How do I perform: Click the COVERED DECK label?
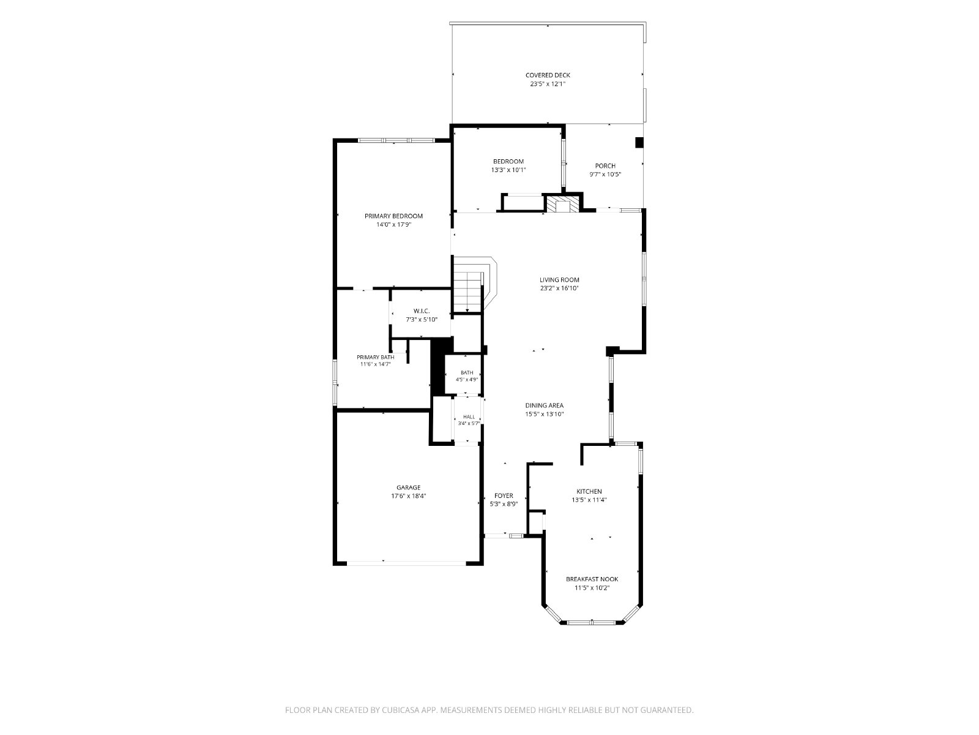(x=547, y=75)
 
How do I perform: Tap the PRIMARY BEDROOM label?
(x=393, y=216)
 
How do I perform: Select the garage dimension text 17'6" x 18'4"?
(x=408, y=496)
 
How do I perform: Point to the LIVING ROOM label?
(x=559, y=280)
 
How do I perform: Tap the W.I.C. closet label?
(x=422, y=311)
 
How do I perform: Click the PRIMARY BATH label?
(x=375, y=357)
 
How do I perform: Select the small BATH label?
(x=466, y=372)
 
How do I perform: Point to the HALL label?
(x=469, y=417)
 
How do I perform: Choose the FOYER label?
(x=504, y=496)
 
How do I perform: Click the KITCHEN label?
(x=589, y=491)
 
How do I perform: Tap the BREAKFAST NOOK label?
(x=592, y=579)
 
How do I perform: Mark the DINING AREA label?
(x=544, y=405)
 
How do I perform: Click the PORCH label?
(x=605, y=166)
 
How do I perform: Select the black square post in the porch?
(x=639, y=142)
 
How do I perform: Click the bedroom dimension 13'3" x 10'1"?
(x=508, y=170)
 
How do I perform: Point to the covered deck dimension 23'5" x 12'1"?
(x=548, y=84)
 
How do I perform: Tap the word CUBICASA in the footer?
(x=401, y=709)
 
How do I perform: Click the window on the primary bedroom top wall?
(x=396, y=141)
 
